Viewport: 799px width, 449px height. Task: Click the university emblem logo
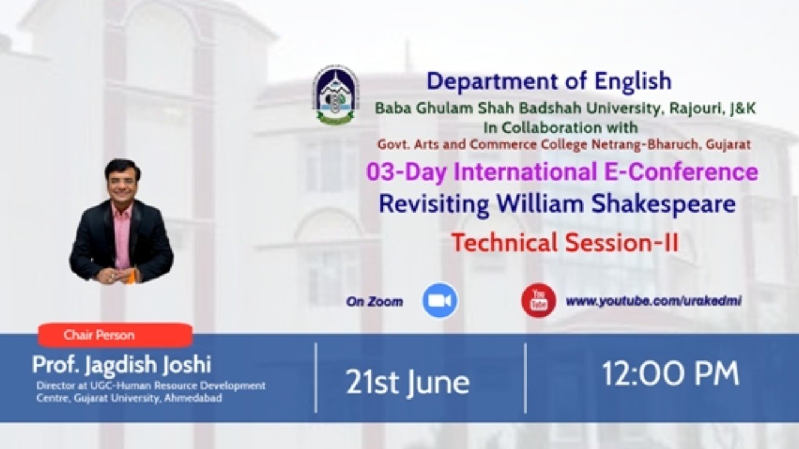pyautogui.click(x=335, y=95)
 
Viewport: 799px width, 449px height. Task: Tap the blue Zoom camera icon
pyautogui.click(x=440, y=301)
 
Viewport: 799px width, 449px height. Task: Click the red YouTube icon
pyautogui.click(x=538, y=301)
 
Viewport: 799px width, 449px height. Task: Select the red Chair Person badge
pyautogui.click(x=115, y=335)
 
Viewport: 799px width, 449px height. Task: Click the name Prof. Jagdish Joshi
pyautogui.click(x=122, y=365)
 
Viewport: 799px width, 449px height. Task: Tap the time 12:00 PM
pyautogui.click(x=670, y=374)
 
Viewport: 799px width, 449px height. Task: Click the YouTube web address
pyautogui.click(x=654, y=301)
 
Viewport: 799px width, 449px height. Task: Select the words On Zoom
pyautogui.click(x=375, y=302)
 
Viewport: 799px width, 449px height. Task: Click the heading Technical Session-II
pyautogui.click(x=565, y=243)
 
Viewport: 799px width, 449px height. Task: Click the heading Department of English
pyautogui.click(x=549, y=82)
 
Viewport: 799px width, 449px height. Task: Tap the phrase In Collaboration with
pyautogui.click(x=561, y=128)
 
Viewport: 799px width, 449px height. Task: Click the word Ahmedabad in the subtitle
pyautogui.click(x=193, y=398)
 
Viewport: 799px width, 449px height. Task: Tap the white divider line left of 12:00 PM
pyautogui.click(x=526, y=379)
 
